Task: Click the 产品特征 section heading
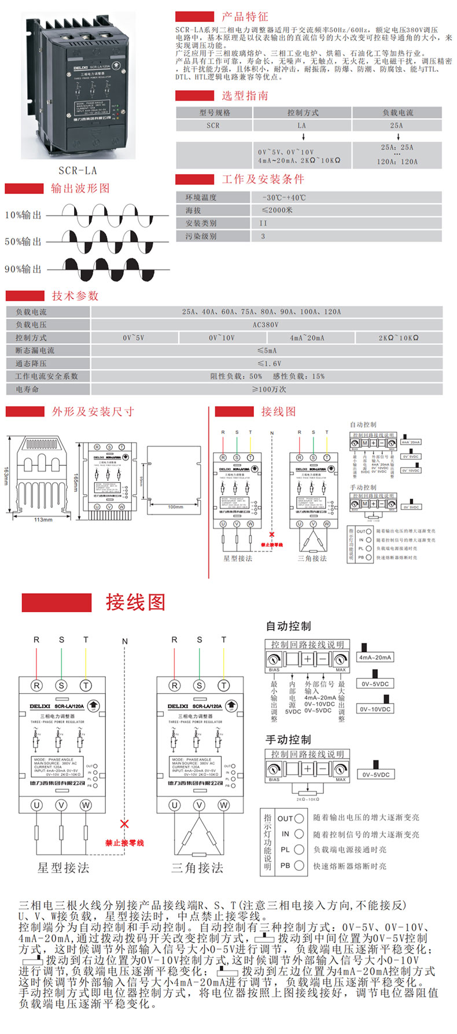pos(245,17)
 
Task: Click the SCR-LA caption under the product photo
pos(78,171)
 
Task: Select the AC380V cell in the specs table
pos(266,325)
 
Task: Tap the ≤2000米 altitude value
pos(277,210)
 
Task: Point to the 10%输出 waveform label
pos(23,215)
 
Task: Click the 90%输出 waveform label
pos(23,269)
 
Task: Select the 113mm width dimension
pos(43,520)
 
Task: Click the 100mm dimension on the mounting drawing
pos(175,507)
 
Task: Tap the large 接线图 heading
pos(135,602)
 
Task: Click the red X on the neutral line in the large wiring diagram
pos(124,823)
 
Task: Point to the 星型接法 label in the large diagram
pos(63,867)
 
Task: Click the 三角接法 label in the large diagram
pos(197,867)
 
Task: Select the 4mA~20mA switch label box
pos(375,657)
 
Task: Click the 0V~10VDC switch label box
pos(375,709)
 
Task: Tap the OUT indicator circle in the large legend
pos(299,819)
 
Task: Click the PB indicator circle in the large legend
pos(299,866)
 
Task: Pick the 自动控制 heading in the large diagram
pos(288,626)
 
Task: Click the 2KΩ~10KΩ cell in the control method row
pos(399,337)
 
